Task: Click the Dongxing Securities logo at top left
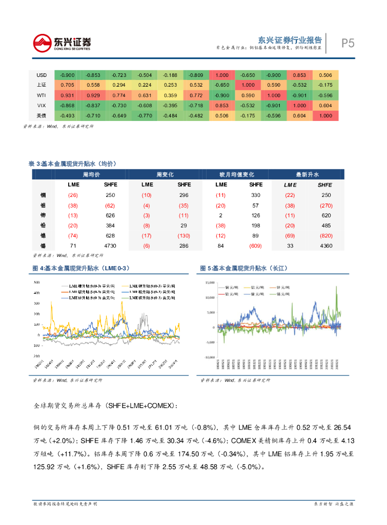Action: [62, 43]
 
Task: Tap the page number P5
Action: [348, 43]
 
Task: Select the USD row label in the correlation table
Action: [42, 75]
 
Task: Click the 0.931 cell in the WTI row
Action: [68, 95]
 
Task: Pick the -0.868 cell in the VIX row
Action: [68, 106]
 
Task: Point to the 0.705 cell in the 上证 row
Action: [68, 85]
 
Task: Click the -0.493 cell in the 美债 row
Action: [68, 116]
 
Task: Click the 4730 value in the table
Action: [110, 246]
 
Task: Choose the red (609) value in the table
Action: [255, 246]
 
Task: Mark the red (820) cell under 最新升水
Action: [324, 236]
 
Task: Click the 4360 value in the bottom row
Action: [325, 246]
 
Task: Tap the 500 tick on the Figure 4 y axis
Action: [36, 282]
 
